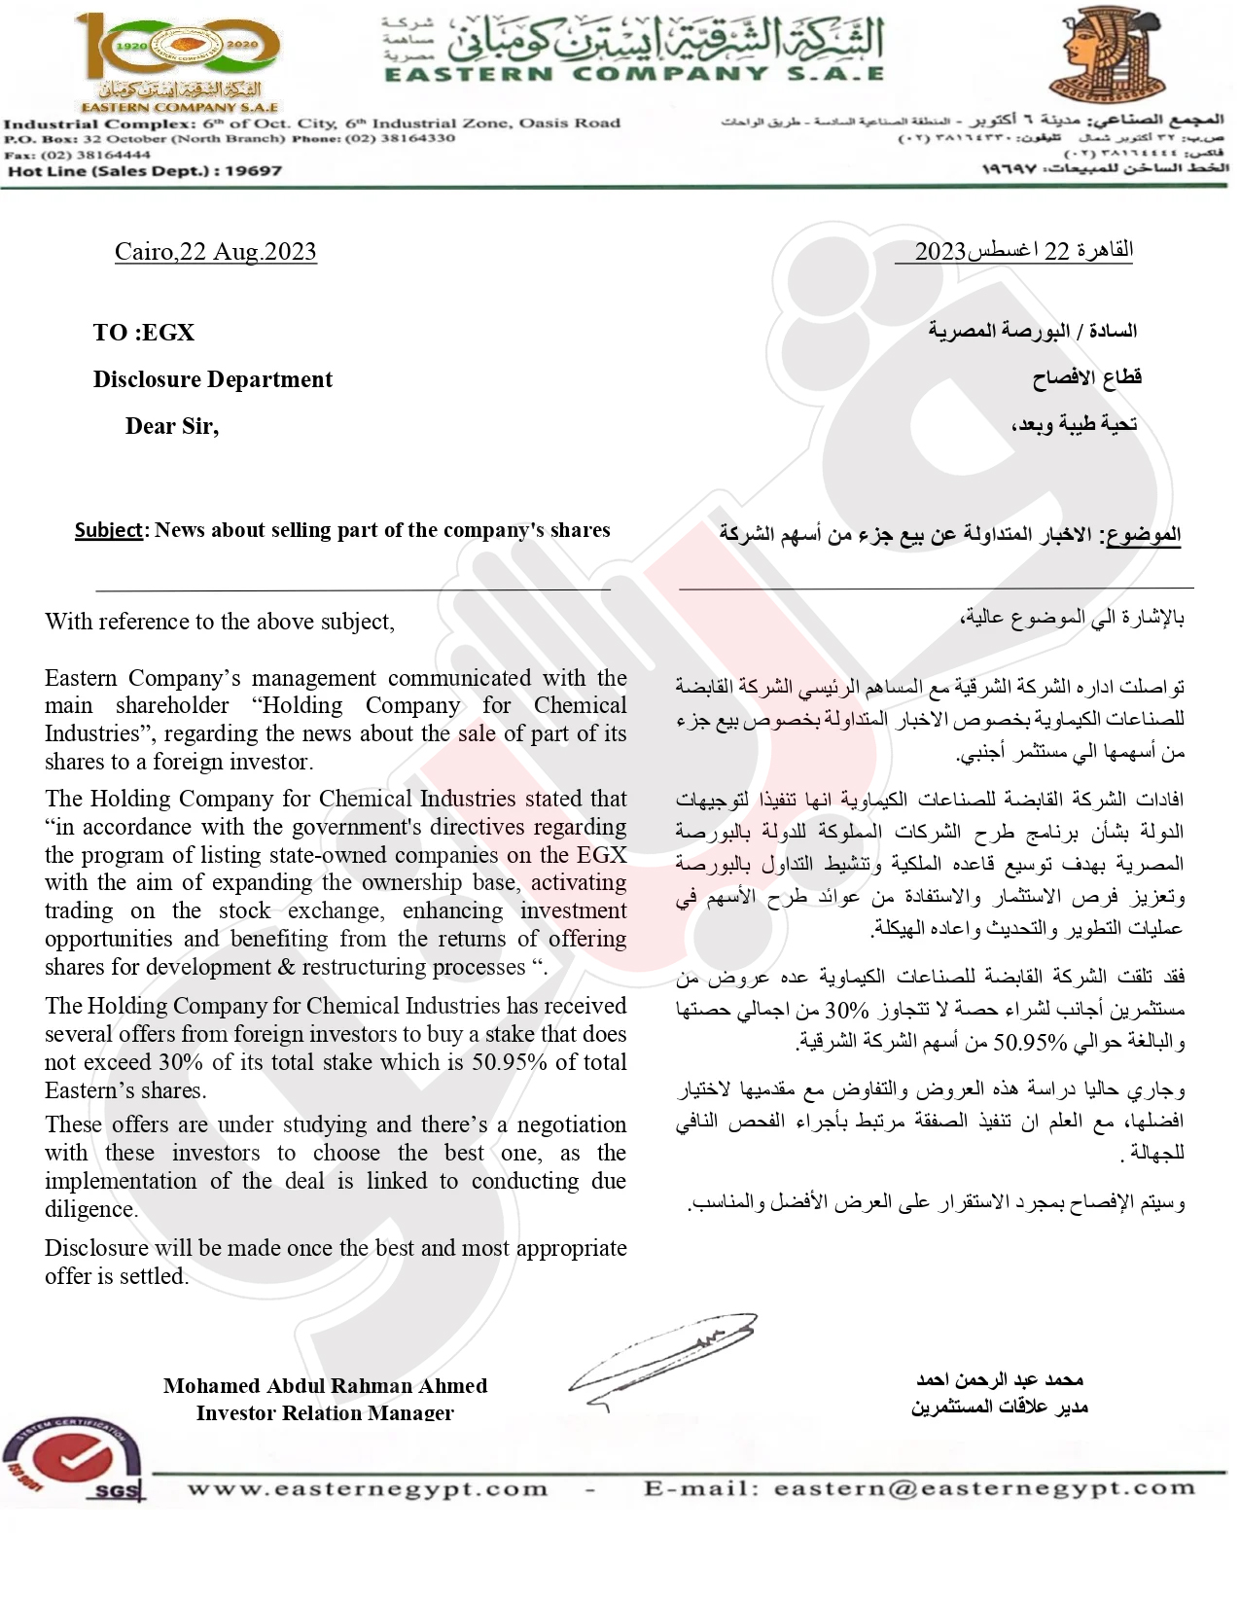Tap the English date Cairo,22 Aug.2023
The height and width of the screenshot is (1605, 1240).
point(215,252)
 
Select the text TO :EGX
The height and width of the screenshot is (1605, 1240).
point(144,333)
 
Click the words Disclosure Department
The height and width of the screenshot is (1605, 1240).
point(212,379)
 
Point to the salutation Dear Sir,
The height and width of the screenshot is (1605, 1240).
point(171,426)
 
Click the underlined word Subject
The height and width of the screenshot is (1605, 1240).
point(108,530)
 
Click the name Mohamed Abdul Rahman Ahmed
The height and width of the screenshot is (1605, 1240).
point(325,1385)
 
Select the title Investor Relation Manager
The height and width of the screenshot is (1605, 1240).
point(325,1412)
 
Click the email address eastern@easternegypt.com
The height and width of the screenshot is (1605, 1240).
point(984,1488)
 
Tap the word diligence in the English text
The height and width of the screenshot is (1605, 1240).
point(91,1209)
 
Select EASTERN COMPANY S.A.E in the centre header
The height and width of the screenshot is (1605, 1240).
point(633,74)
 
